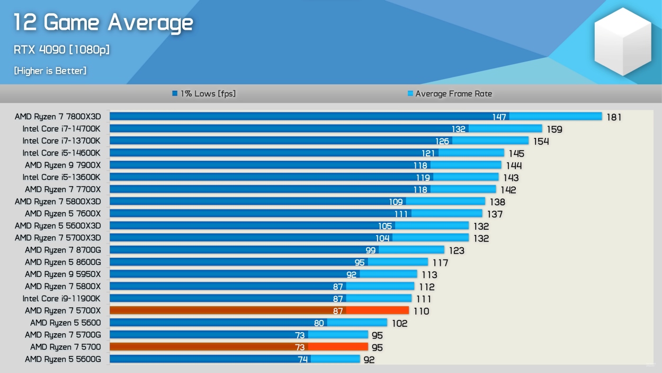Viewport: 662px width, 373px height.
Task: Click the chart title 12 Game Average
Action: pyautogui.click(x=103, y=23)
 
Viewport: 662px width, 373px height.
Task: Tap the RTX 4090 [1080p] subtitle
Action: pyautogui.click(x=61, y=50)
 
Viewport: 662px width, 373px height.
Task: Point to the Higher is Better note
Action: pyautogui.click(x=50, y=71)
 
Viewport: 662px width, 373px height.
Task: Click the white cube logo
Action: pyautogui.click(x=622, y=41)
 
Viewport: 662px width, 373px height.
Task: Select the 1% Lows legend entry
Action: pyautogui.click(x=204, y=94)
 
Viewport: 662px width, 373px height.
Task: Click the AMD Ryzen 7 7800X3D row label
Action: pyautogui.click(x=58, y=116)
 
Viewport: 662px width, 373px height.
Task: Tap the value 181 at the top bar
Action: pyautogui.click(x=614, y=117)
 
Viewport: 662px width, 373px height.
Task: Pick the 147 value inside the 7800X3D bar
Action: pyautogui.click(x=499, y=117)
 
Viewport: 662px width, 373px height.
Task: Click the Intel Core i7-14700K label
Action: pyautogui.click(x=61, y=128)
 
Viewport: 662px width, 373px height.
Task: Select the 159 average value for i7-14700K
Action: pyautogui.click(x=554, y=129)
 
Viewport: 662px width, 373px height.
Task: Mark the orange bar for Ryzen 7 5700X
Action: pyautogui.click(x=259, y=310)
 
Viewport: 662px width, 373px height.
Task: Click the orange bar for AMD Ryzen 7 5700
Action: pyautogui.click(x=238, y=347)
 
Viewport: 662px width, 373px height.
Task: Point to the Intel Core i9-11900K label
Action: pyautogui.click(x=61, y=298)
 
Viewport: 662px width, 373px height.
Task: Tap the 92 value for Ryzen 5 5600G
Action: pyautogui.click(x=369, y=360)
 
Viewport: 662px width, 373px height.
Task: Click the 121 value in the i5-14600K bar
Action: pyautogui.click(x=428, y=153)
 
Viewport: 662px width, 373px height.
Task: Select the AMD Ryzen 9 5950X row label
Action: pyautogui.click(x=62, y=274)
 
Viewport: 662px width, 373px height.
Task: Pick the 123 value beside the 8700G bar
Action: pyautogui.click(x=457, y=250)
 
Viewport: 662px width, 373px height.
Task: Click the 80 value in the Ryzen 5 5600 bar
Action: pyautogui.click(x=319, y=323)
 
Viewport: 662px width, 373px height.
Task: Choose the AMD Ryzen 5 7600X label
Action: pyautogui.click(x=62, y=213)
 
